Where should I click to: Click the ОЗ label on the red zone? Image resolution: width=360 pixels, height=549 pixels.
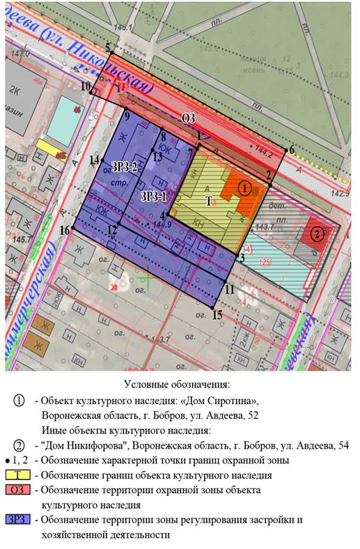[188, 119]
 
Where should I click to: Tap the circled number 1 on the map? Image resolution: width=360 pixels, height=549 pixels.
[244, 187]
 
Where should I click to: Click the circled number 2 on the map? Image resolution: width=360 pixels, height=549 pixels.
[317, 234]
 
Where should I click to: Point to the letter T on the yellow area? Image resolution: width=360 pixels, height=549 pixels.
[208, 200]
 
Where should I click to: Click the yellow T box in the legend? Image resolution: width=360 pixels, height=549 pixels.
[19, 475]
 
